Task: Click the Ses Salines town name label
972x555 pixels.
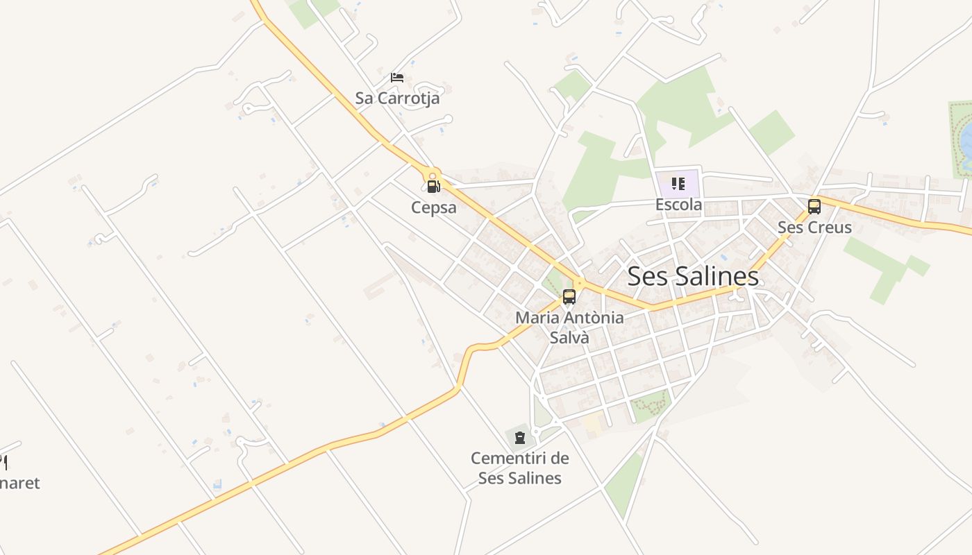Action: pyautogui.click(x=692, y=276)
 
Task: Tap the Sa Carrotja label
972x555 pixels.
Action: pyautogui.click(x=397, y=98)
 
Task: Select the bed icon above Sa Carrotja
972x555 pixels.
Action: pyautogui.click(x=397, y=77)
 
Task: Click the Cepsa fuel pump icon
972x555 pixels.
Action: pyautogui.click(x=433, y=186)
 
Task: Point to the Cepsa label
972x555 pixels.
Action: pyautogui.click(x=434, y=207)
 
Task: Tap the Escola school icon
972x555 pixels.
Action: pyautogui.click(x=678, y=184)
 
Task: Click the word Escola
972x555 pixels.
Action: pyautogui.click(x=678, y=205)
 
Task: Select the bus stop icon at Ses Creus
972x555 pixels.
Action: pyautogui.click(x=814, y=206)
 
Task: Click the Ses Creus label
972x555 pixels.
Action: pyautogui.click(x=814, y=227)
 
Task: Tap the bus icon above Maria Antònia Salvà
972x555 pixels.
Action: pyautogui.click(x=569, y=297)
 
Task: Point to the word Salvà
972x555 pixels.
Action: pyautogui.click(x=569, y=338)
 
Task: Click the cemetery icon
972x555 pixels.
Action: pyautogui.click(x=520, y=437)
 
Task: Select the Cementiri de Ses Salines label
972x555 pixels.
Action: pyautogui.click(x=520, y=468)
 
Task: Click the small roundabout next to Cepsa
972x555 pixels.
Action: pyautogui.click(x=433, y=176)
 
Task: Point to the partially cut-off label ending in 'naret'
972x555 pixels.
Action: pyautogui.click(x=19, y=483)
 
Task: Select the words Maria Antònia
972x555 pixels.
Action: pyautogui.click(x=569, y=318)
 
